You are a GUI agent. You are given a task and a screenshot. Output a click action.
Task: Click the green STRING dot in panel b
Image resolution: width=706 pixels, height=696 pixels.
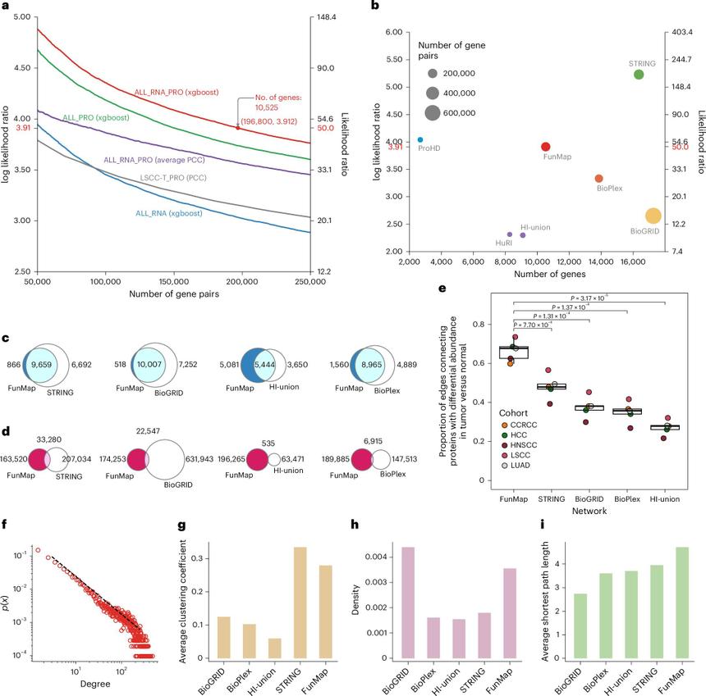coord(639,75)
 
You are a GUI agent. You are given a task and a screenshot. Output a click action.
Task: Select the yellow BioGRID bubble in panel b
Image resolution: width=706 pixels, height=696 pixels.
coord(653,216)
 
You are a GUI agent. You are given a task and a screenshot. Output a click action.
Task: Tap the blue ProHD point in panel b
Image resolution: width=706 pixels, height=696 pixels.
coord(420,140)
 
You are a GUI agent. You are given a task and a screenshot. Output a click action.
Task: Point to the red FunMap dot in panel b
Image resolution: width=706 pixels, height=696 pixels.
coord(546,147)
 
